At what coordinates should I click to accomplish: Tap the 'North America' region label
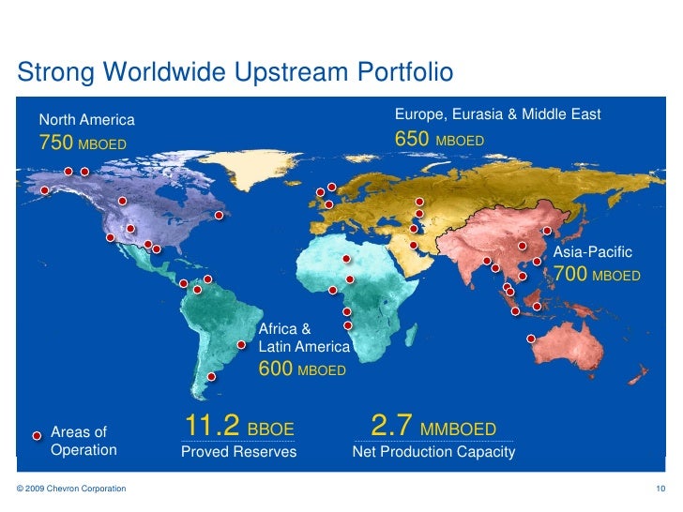coord(86,120)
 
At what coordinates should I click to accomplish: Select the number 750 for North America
coord(53,143)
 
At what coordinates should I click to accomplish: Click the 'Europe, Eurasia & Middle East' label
coord(497,114)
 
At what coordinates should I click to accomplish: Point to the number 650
coord(412,140)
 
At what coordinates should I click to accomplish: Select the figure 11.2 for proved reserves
coord(211,428)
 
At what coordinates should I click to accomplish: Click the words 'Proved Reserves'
coord(238,452)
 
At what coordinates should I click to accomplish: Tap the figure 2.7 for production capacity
coord(392,428)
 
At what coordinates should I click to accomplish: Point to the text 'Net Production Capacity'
coord(433,452)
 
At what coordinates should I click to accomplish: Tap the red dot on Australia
coord(531,339)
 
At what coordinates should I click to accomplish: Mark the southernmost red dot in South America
coord(211,377)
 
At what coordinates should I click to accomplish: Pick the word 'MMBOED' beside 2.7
coord(458,430)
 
